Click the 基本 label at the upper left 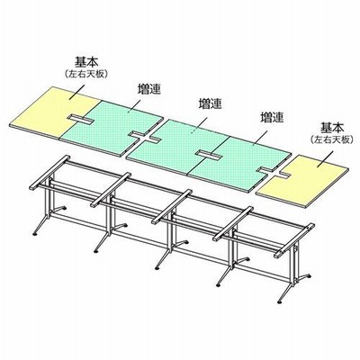(86, 63)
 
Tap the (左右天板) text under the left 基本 (86, 74)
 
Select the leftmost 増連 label (149, 89)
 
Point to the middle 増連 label (211, 103)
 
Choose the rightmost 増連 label (272, 117)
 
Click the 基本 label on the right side (332, 128)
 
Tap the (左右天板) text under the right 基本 (332, 139)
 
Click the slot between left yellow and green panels (80, 119)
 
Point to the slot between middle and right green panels (210, 155)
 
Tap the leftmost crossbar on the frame (49, 172)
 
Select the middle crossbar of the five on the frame (172, 206)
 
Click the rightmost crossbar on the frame (294, 240)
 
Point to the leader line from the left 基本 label (76, 91)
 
